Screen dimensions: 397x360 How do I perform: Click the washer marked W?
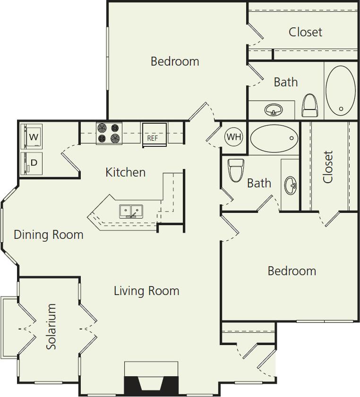32,137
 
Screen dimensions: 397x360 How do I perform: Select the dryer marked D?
32,163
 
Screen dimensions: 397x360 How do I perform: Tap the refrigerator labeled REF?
154,135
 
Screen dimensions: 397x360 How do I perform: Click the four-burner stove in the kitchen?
109,133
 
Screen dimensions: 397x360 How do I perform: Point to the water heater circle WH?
233,137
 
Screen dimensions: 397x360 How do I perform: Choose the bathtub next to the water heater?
274,138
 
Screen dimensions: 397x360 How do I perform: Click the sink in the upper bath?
273,111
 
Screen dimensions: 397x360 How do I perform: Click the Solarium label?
51,326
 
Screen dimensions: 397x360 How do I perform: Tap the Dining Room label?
49,235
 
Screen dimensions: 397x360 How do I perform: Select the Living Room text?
146,290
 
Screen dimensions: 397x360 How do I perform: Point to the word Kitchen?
125,172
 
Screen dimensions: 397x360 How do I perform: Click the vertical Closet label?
328,167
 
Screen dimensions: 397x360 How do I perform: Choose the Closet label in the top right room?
305,32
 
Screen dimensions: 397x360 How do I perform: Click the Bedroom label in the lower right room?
291,271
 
